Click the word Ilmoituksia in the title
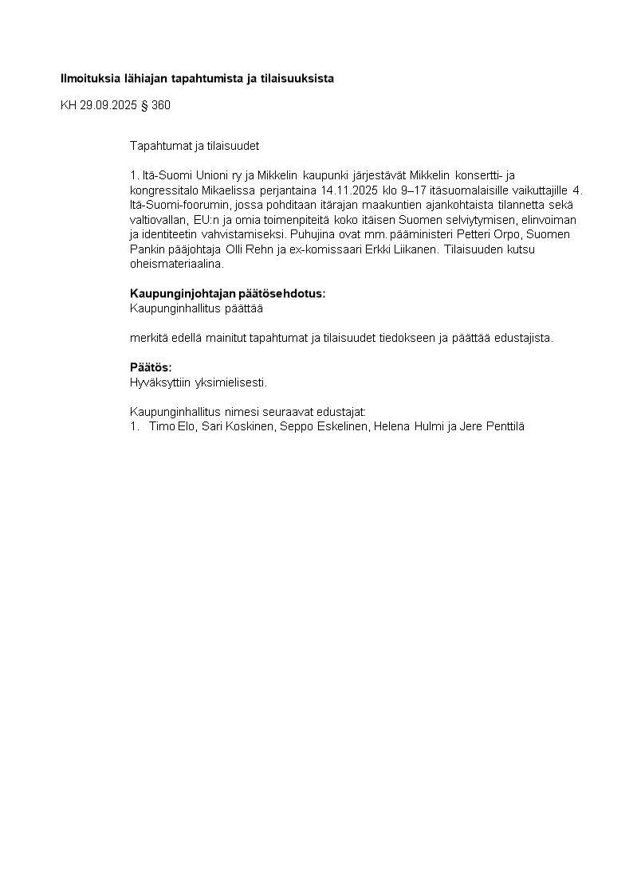[88, 78]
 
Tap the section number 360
[161, 104]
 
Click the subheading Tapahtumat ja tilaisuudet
[195, 146]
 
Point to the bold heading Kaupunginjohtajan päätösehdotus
[227, 293]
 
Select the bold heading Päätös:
[151, 367]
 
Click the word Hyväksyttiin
[160, 382]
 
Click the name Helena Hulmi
[403, 426]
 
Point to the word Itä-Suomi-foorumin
[176, 206]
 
